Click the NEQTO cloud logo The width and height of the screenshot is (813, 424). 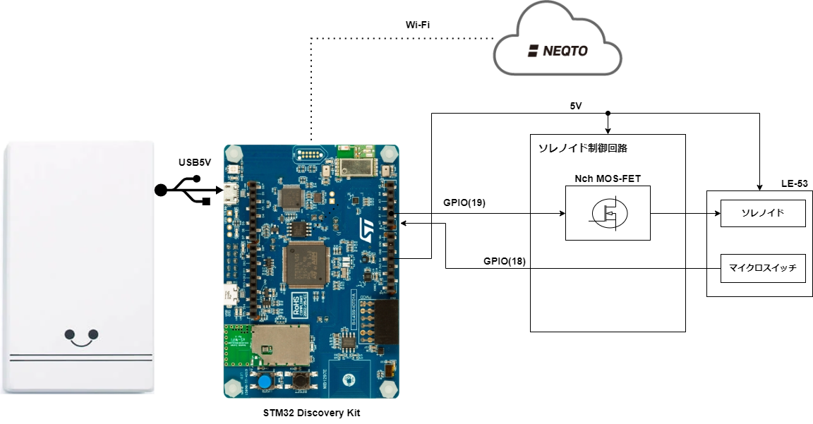coord(558,51)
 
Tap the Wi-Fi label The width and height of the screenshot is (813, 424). coord(418,25)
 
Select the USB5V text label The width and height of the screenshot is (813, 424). coord(195,164)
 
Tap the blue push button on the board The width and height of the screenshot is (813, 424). coord(265,382)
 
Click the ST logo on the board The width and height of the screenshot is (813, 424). coord(366,228)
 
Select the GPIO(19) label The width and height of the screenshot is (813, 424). coord(464,202)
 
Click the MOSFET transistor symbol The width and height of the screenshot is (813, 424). coord(608,212)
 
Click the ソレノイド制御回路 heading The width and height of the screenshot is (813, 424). coord(582,148)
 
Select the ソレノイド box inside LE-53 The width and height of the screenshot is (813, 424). coord(762,212)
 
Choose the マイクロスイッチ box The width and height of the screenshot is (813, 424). coord(762,267)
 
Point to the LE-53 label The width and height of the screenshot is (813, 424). coord(794,183)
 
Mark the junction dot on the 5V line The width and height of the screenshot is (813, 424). coord(608,113)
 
